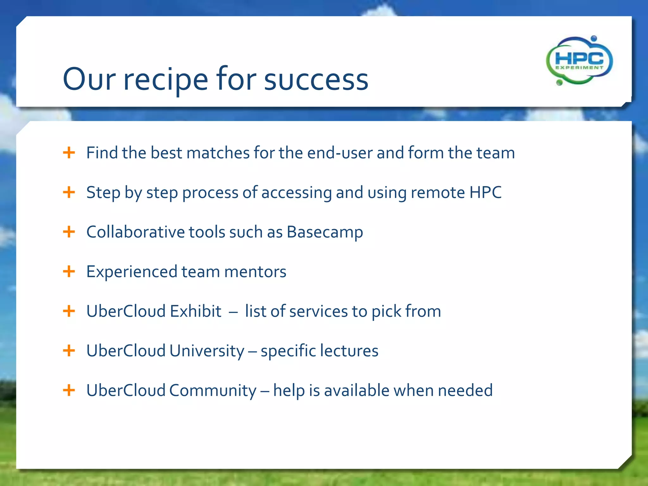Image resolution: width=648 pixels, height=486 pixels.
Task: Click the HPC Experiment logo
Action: pyautogui.click(x=579, y=60)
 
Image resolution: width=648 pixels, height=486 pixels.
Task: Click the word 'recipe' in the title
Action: pyautogui.click(x=165, y=80)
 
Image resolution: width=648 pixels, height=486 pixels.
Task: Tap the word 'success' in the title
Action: pyautogui.click(x=316, y=80)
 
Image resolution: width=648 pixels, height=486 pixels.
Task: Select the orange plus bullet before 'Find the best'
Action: pyautogui.click(x=69, y=153)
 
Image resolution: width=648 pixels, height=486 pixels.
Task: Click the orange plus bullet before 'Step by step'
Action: pyautogui.click(x=69, y=192)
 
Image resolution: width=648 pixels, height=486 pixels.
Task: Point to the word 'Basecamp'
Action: pyautogui.click(x=325, y=232)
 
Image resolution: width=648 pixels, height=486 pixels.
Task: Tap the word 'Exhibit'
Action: pyautogui.click(x=196, y=311)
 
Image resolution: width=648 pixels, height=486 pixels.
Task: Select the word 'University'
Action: pyautogui.click(x=207, y=351)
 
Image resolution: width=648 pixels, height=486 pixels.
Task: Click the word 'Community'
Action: pyautogui.click(x=213, y=390)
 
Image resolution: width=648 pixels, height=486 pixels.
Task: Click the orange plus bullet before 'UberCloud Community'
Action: pyautogui.click(x=69, y=390)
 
